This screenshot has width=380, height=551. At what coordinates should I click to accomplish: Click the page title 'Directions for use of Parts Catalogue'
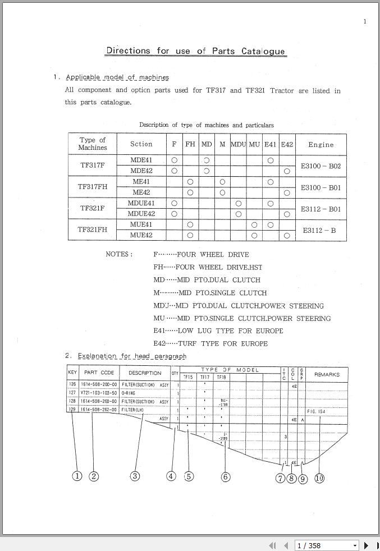tap(195, 51)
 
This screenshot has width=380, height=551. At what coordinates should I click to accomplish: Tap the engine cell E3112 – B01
tap(321, 209)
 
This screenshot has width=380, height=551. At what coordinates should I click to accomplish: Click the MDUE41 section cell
tap(141, 203)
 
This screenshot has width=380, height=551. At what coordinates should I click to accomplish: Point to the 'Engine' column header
tap(321, 144)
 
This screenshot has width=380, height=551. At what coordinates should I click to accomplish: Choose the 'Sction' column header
tap(141, 144)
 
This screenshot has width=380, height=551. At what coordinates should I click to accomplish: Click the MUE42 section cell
tap(141, 235)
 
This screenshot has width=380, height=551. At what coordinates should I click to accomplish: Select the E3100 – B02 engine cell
tap(321, 166)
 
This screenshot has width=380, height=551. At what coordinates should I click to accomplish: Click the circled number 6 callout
tap(225, 476)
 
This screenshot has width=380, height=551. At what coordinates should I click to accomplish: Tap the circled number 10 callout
tap(319, 478)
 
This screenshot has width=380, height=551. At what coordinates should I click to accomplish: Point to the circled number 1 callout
tap(77, 476)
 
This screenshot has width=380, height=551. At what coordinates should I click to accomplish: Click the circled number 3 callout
tap(135, 476)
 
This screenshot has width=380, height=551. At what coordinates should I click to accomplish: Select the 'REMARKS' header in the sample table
tap(327, 374)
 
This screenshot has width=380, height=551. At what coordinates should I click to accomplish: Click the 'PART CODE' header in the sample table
tap(99, 373)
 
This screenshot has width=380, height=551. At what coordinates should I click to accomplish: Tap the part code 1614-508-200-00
tap(99, 385)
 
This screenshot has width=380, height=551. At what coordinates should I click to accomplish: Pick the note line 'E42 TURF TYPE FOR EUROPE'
tap(210, 343)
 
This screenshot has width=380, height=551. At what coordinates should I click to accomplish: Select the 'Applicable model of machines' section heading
tap(117, 77)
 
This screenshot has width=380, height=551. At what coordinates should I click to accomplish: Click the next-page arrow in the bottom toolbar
tap(367, 545)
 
